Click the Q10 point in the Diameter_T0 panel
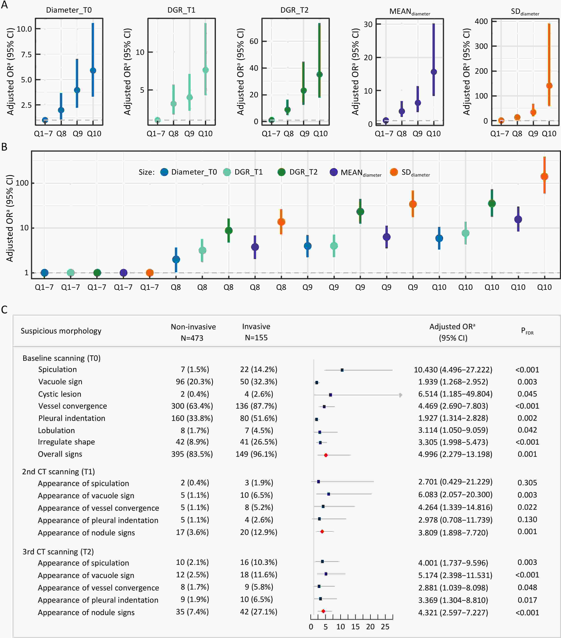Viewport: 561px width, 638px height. pos(93,70)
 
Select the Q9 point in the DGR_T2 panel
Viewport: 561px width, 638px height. pos(303,91)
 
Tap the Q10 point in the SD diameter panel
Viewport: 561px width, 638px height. pos(549,86)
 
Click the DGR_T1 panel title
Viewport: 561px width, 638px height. pos(181,10)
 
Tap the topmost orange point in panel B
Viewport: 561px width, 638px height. pos(544,176)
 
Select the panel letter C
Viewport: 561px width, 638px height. pos(4,310)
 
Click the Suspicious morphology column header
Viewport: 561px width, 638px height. pos(61,331)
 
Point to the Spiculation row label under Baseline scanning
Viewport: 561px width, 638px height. pos(57,370)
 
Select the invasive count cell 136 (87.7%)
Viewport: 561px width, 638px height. pos(256,406)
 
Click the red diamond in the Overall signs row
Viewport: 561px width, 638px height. pos(326,455)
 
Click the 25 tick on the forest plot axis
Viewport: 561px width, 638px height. pos(385,626)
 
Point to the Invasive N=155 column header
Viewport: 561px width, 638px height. pos(256,332)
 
